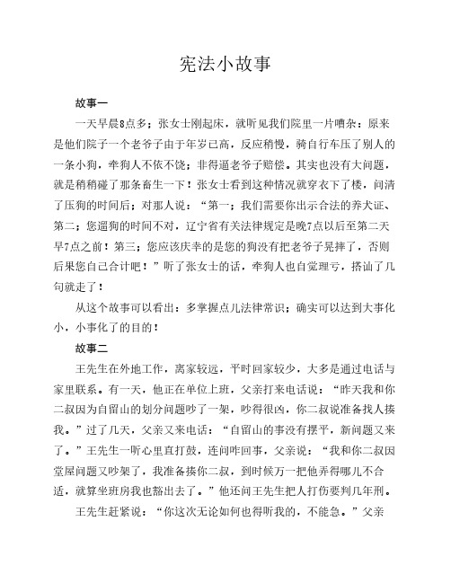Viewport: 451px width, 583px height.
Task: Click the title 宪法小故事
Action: [225, 66]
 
